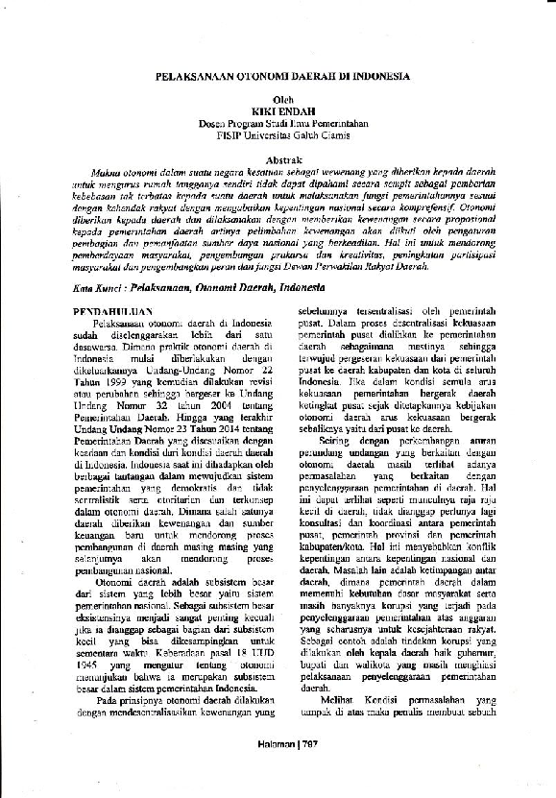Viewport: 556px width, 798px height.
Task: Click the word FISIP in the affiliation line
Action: point(230,133)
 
